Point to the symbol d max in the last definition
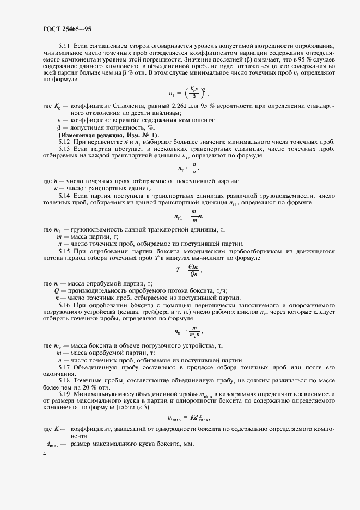tap(52, 445)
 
